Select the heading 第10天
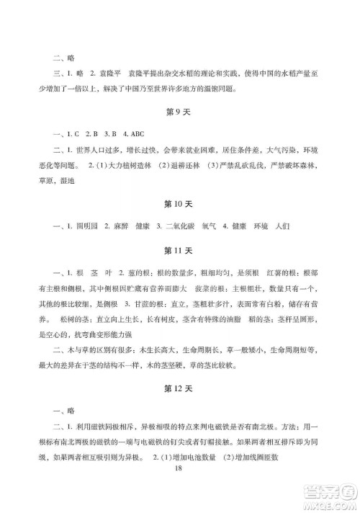(179, 205)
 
